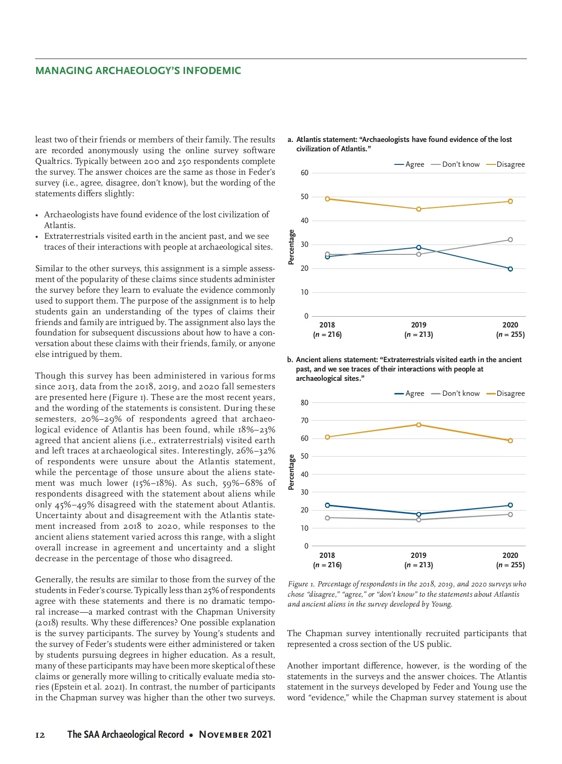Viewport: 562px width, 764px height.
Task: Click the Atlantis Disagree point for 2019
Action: click(x=419, y=209)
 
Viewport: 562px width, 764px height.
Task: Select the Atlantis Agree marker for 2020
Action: click(x=510, y=269)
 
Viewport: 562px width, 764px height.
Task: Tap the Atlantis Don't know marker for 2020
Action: click(x=510, y=240)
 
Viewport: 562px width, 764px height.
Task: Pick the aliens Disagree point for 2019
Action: click(x=419, y=425)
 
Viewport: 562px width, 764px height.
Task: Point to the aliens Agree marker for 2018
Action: click(x=327, y=505)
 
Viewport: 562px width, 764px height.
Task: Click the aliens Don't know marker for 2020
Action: click(x=510, y=514)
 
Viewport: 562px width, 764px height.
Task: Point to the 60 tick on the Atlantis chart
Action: click(x=304, y=173)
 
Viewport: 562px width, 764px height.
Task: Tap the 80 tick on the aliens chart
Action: click(x=304, y=403)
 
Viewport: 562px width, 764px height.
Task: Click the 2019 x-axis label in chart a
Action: click(x=419, y=325)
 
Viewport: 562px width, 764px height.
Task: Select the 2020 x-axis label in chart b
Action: click(x=510, y=556)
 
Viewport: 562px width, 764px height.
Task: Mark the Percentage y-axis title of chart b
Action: click(x=291, y=472)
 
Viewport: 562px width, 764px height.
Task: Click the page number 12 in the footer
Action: click(x=40, y=735)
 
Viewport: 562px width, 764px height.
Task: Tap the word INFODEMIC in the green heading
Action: click(x=212, y=71)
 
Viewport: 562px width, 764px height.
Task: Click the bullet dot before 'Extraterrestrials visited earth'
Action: click(x=37, y=237)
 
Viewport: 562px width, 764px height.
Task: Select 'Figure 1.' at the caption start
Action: click(x=301, y=584)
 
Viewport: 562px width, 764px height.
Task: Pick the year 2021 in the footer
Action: click(x=261, y=734)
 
